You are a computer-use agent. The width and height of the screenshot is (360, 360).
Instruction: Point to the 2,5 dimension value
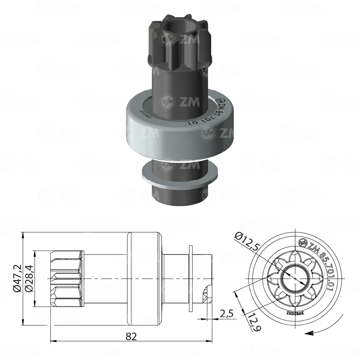click(x=227, y=314)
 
